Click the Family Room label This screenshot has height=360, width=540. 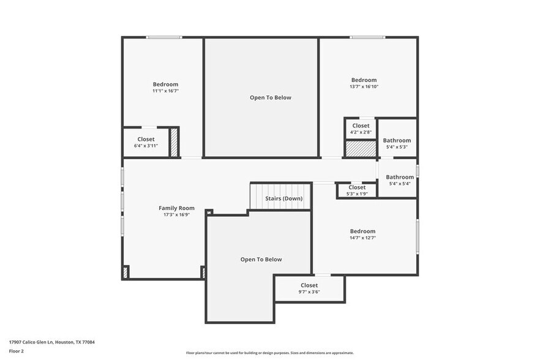pos(176,208)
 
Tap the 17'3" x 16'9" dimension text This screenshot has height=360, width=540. pos(176,215)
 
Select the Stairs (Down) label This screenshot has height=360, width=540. pos(283,198)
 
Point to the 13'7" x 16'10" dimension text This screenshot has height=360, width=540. pos(364,87)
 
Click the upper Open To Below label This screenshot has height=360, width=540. pos(270,97)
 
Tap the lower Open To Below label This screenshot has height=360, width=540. pos(261,260)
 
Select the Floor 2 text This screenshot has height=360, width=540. pos(16,351)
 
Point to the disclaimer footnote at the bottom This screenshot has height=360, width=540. pos(270,353)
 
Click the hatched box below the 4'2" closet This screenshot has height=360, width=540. pos(360,149)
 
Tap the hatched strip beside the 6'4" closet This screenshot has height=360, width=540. pos(174,143)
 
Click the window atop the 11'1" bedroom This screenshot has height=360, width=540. pos(163,37)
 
